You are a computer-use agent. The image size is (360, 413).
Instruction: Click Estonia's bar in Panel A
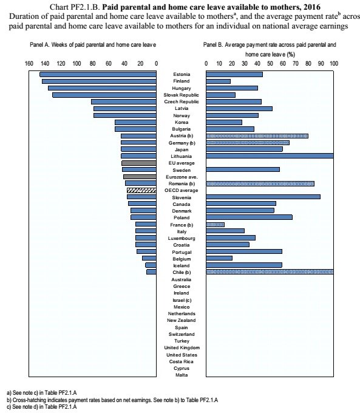click(98, 75)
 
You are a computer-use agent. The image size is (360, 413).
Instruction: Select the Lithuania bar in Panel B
click(270, 156)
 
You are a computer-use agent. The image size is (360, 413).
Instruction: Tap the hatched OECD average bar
click(141, 190)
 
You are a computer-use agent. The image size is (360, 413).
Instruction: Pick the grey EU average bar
click(139, 163)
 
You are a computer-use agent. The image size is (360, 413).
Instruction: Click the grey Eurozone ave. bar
click(140, 177)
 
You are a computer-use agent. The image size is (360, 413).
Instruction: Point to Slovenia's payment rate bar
click(263, 197)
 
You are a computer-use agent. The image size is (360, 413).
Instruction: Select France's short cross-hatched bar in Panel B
click(215, 225)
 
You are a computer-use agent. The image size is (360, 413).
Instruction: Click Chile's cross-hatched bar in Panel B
click(270, 272)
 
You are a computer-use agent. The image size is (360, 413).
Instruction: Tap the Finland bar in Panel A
click(99, 81)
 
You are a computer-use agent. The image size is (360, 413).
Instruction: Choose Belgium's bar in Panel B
click(219, 258)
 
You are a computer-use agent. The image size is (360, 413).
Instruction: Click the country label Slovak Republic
click(181, 95)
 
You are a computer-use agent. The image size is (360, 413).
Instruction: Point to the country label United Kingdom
click(182, 347)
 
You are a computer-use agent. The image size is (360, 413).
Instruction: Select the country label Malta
click(182, 375)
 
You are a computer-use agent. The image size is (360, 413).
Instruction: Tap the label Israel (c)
click(182, 300)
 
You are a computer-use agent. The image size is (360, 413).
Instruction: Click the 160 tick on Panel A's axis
click(29, 64)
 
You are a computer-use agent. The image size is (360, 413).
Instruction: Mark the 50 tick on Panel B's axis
click(270, 64)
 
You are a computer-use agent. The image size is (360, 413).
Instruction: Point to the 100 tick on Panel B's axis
click(334, 64)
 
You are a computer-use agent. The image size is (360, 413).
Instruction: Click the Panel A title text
click(93, 45)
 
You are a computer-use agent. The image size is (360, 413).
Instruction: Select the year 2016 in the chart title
click(312, 7)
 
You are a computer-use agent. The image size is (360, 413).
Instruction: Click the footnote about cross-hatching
click(112, 400)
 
